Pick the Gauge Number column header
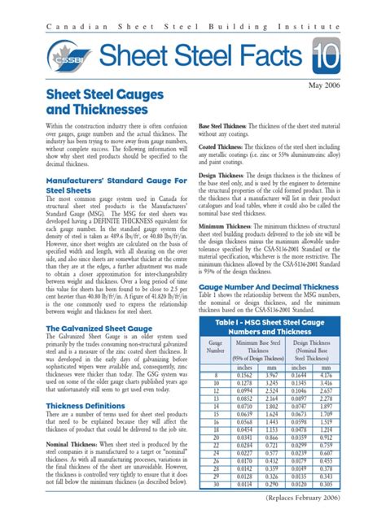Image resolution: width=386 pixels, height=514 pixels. click(216, 328)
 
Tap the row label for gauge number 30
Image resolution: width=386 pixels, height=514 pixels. click(215, 484)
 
